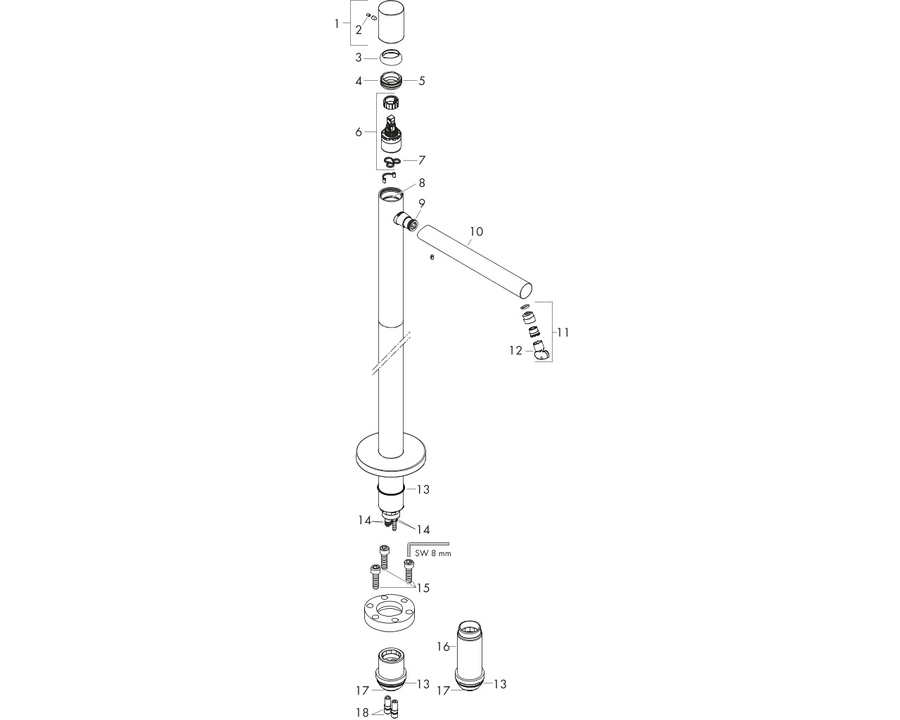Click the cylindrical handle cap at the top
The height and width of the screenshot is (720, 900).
coord(392,21)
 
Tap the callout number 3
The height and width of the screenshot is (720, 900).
coord(359,58)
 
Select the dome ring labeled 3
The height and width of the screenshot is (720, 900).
coord(392,57)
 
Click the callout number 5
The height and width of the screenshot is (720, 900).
coord(422,81)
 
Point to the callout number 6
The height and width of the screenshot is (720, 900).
coord(359,132)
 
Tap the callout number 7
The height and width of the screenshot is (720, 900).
coord(422,160)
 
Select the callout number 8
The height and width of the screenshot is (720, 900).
coord(422,183)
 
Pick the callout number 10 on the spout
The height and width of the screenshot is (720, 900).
coord(476,231)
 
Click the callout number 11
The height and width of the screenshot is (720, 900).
coord(563,333)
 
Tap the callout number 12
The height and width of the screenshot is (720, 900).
coord(515,351)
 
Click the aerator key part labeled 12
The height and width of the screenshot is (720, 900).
coord(541,349)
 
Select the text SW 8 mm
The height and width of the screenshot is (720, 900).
coord(433,553)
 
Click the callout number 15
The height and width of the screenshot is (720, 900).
coord(423,589)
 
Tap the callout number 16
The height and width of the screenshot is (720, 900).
coord(443,647)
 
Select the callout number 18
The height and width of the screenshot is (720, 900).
coord(362,713)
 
